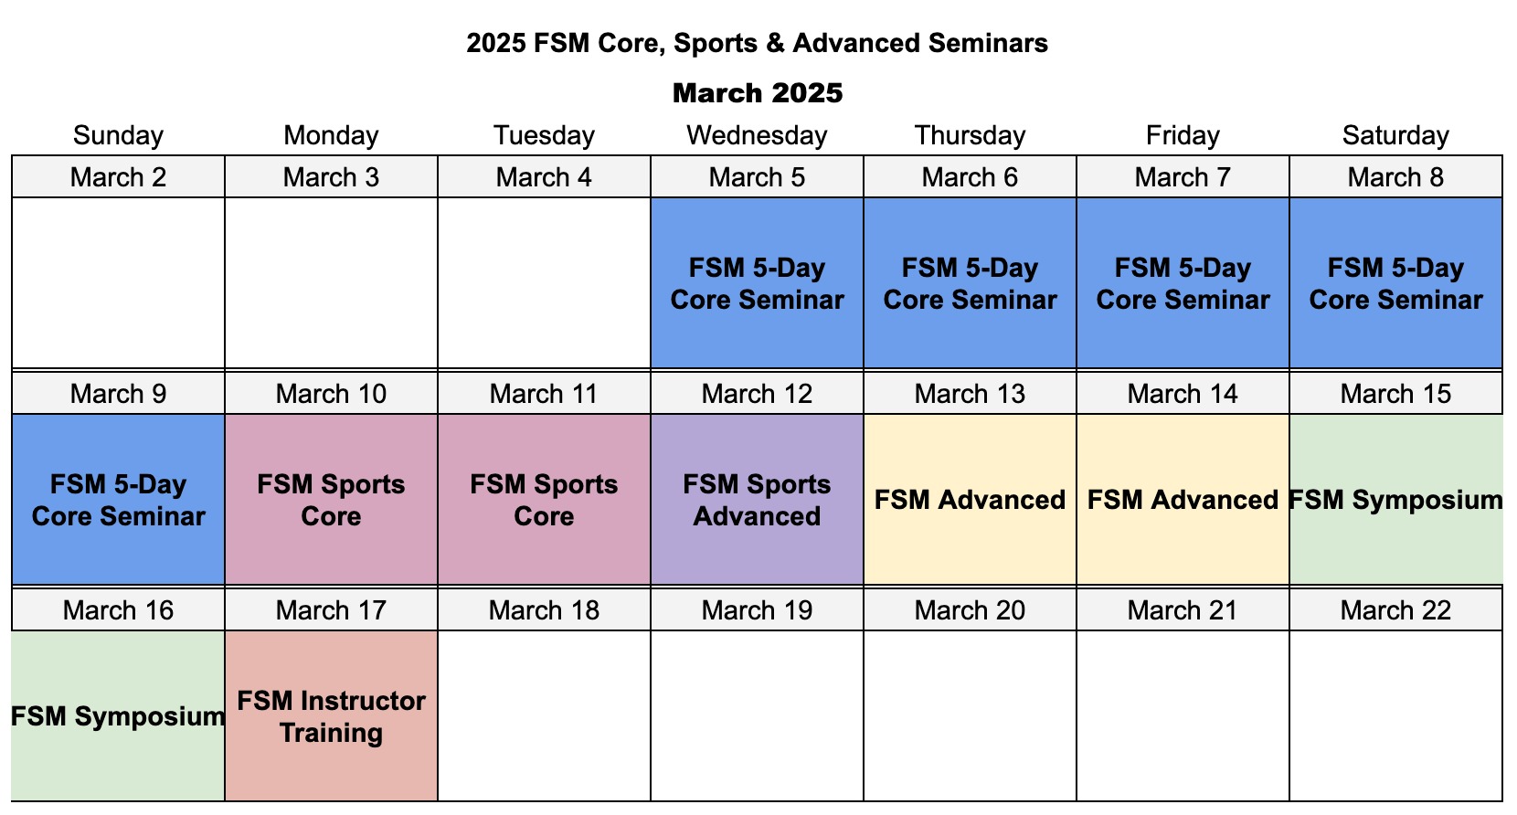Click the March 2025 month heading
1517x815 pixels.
point(758,92)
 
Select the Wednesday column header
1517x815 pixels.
point(758,135)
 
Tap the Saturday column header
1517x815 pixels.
point(1395,135)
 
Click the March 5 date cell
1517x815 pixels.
point(758,177)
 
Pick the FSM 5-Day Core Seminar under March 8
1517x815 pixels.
point(1395,283)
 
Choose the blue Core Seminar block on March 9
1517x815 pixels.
point(119,500)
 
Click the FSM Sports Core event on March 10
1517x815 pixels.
point(331,500)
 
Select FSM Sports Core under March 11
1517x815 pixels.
point(544,500)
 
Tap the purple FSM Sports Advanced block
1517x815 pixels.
point(758,500)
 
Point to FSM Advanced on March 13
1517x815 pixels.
point(970,500)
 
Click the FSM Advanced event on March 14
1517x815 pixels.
point(1183,500)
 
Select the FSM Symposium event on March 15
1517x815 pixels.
point(1395,500)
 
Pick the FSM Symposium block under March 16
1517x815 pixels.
point(119,716)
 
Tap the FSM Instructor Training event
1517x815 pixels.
point(331,716)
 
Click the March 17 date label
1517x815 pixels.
point(331,610)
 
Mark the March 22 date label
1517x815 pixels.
point(1395,610)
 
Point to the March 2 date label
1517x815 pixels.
point(119,177)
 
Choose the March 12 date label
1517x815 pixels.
point(758,394)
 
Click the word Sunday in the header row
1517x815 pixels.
point(119,135)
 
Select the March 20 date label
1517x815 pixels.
point(970,610)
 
